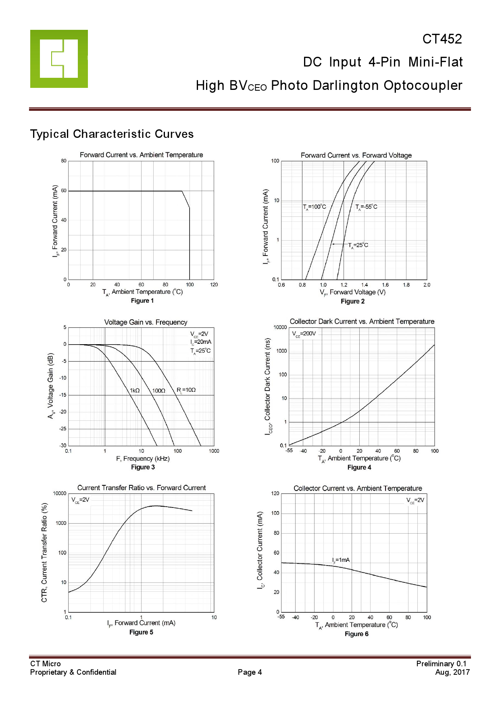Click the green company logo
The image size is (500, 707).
click(59, 59)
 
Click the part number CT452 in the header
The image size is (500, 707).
click(442, 39)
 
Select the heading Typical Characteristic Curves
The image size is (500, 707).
click(112, 134)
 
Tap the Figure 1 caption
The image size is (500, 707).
click(142, 301)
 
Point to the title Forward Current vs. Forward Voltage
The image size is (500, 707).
click(356, 155)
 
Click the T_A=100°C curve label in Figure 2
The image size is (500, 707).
click(315, 207)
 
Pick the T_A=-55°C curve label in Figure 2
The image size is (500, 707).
click(366, 207)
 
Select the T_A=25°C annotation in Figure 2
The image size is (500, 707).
click(358, 245)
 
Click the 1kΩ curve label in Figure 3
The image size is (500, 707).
click(135, 391)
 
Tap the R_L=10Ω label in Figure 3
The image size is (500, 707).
click(186, 390)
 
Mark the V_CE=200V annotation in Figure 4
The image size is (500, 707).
click(304, 334)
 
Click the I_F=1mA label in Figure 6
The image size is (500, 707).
click(341, 560)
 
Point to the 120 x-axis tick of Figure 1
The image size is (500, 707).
click(214, 285)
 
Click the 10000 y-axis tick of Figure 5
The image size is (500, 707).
click(60, 493)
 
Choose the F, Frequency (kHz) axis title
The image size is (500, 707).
click(143, 459)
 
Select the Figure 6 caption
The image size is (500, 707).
click(356, 634)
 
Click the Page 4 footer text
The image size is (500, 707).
click(250, 672)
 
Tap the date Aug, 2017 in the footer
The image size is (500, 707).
click(452, 672)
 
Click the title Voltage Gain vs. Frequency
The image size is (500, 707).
click(146, 322)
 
